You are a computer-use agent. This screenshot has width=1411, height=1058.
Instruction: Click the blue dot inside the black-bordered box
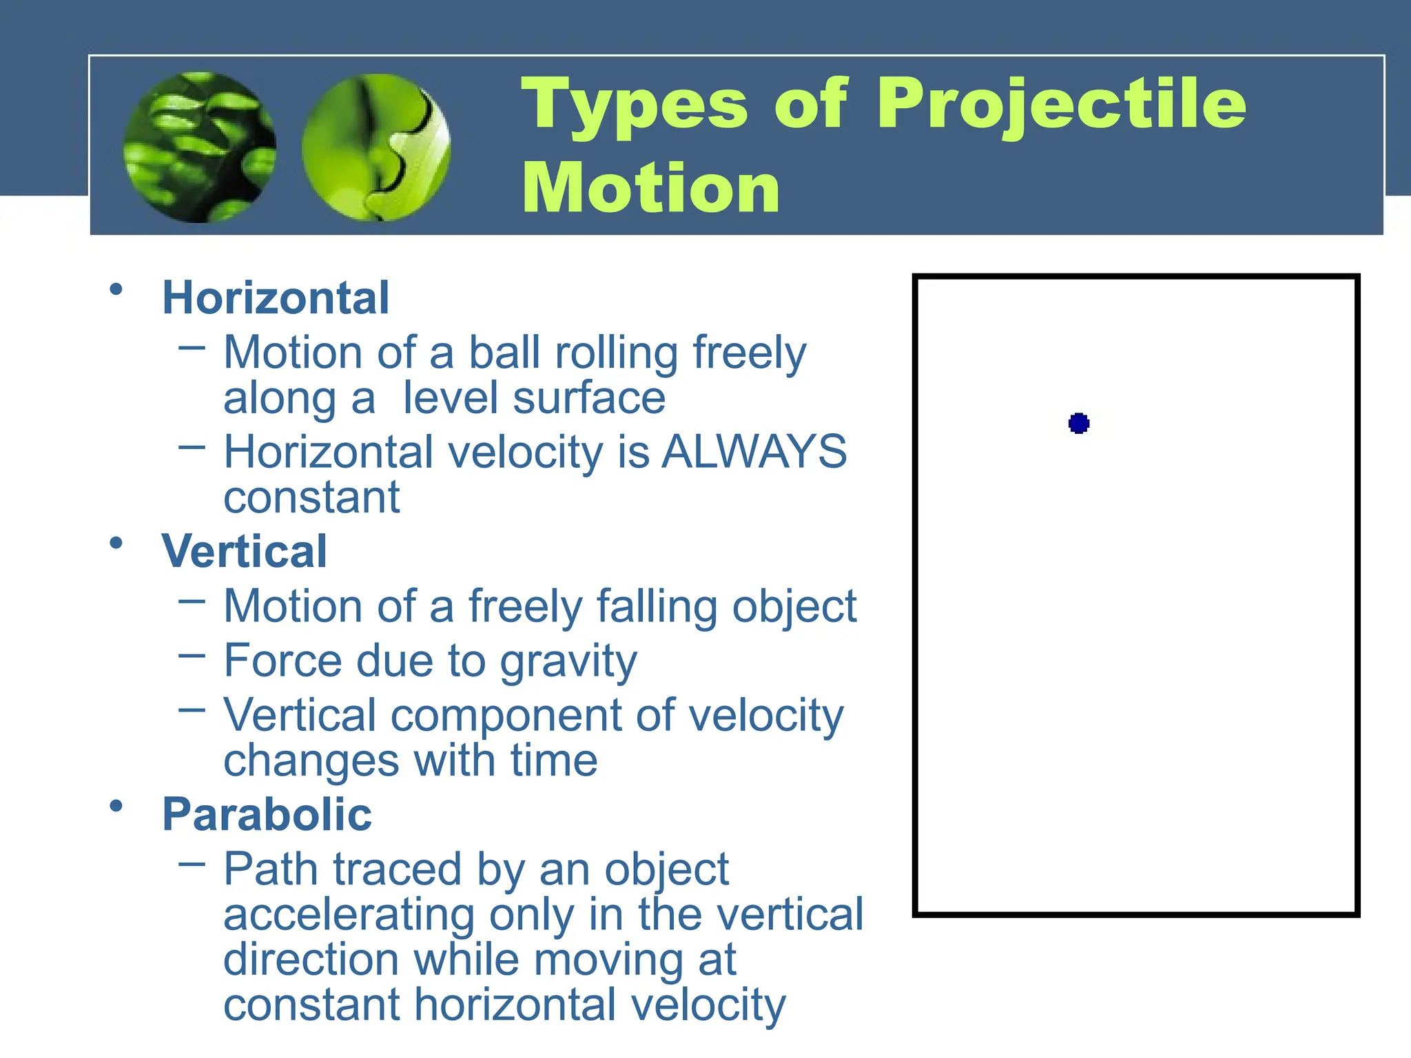[x=1078, y=423]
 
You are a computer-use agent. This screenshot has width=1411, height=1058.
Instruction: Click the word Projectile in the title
[x=1061, y=105]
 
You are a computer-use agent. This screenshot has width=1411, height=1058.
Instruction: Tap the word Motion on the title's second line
[x=650, y=189]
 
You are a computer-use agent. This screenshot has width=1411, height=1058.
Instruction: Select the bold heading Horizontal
[x=276, y=298]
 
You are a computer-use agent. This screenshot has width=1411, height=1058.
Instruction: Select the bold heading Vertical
[x=244, y=552]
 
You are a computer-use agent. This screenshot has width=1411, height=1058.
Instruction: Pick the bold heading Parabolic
[x=267, y=814]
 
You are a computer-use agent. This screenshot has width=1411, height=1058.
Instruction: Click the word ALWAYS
[x=754, y=453]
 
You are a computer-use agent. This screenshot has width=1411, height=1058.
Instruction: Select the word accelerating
[x=349, y=915]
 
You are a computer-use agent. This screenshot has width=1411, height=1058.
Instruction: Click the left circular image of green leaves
[x=200, y=147]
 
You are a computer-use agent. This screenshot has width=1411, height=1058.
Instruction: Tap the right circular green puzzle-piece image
[x=376, y=147]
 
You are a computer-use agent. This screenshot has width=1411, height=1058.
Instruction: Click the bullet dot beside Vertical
[x=116, y=543]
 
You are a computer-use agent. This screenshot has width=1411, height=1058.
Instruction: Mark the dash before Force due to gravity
[x=192, y=655]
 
